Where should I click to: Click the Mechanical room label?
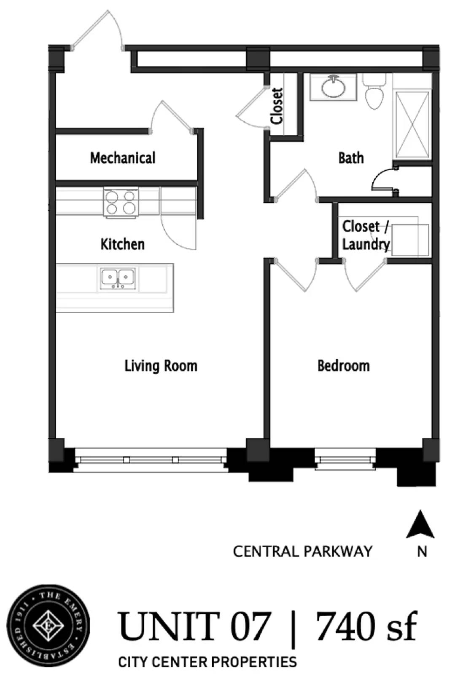123,158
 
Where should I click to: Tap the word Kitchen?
122,244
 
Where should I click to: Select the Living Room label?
161,366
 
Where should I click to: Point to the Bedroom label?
343,366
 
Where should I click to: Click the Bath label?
351,158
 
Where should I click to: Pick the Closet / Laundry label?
365,235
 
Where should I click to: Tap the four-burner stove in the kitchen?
121,203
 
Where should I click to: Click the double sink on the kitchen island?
118,278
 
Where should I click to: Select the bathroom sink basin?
333,87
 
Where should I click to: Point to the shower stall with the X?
412,124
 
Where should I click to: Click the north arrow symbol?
420,524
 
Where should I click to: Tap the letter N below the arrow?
422,551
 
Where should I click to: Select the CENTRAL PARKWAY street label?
302,551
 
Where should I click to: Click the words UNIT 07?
194,627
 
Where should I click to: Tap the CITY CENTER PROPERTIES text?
207,662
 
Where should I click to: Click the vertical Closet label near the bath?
277,106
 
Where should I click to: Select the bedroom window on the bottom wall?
345,460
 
